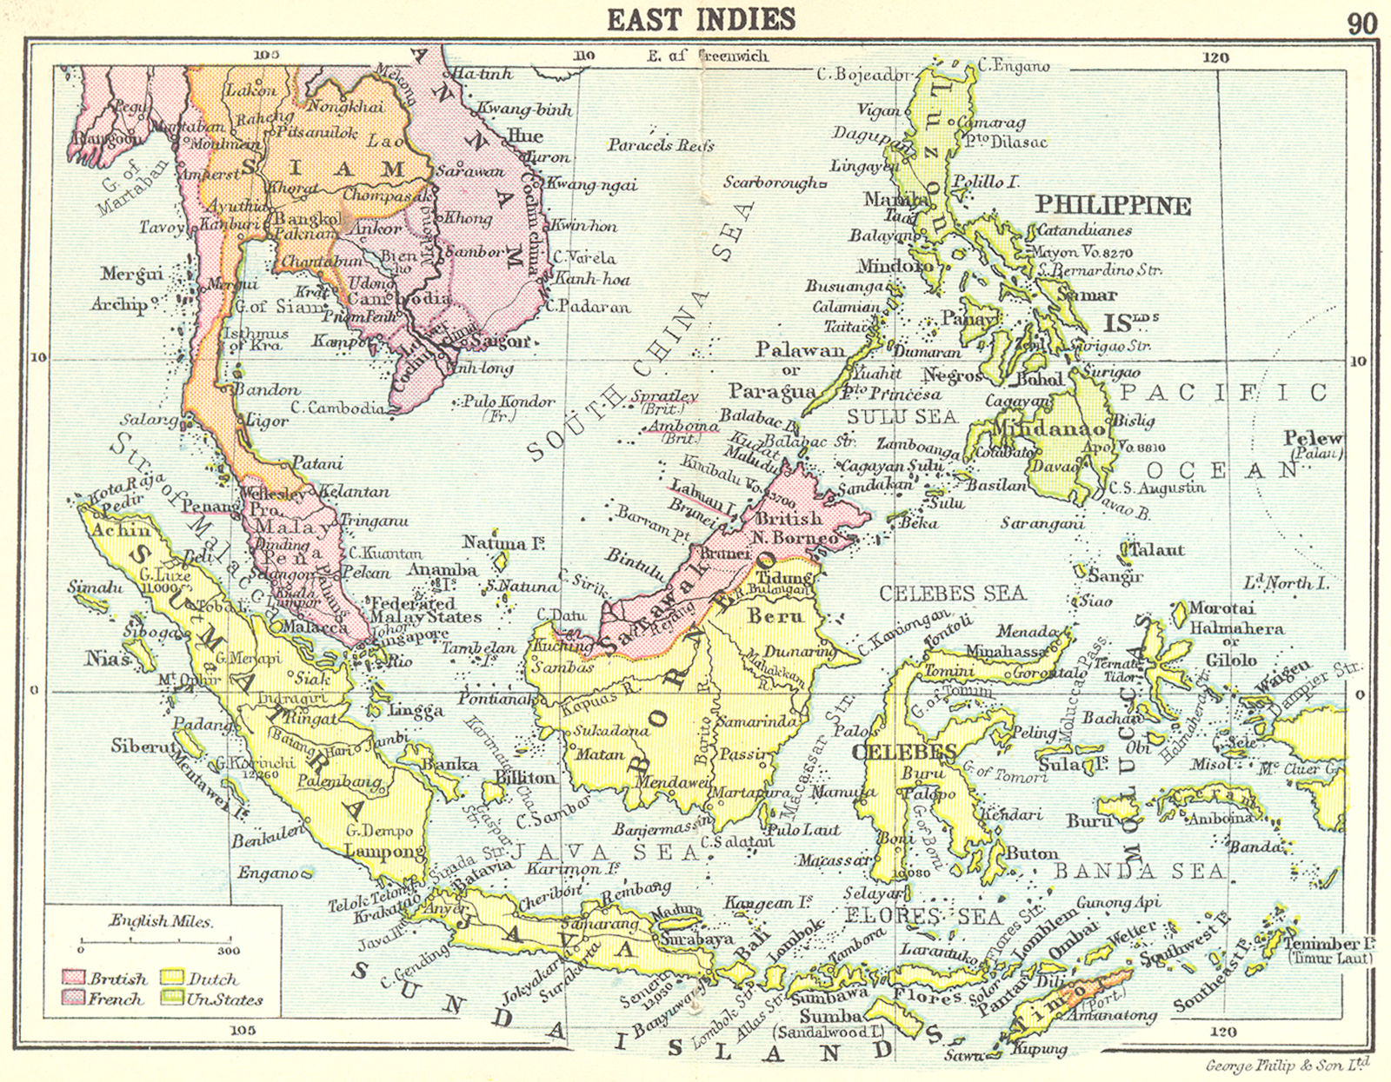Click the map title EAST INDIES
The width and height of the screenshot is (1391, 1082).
point(701,19)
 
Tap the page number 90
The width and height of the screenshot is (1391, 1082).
point(1361,23)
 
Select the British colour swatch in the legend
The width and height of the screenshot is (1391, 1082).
point(73,979)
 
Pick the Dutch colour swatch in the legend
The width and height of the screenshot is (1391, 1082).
point(173,979)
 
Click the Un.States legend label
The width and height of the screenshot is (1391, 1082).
point(224,999)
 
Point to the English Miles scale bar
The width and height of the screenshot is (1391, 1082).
point(156,939)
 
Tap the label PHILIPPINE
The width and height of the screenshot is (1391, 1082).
point(1112,206)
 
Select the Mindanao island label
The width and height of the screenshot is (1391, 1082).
point(1049,428)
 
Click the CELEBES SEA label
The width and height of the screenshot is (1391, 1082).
point(952,594)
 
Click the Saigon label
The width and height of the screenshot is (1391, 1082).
point(499,342)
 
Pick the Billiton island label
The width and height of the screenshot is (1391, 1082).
point(525,777)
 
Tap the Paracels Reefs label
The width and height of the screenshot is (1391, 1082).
point(661,145)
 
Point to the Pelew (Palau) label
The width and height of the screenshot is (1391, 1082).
point(1314,444)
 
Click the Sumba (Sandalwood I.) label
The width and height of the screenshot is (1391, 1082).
point(830,1024)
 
